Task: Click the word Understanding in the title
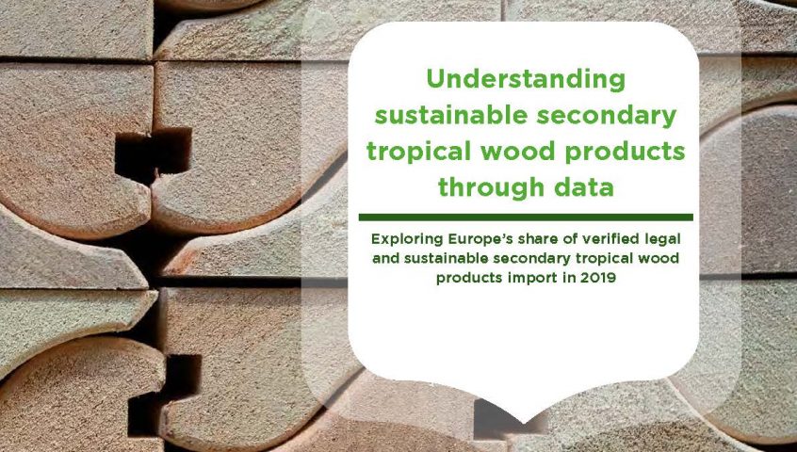click(526, 80)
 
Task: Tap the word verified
click(608, 238)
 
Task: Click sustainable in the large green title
click(451, 117)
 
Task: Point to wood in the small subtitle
click(660, 258)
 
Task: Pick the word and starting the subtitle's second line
click(386, 258)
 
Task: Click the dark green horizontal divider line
click(526, 218)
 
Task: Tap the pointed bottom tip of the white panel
click(524, 423)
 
